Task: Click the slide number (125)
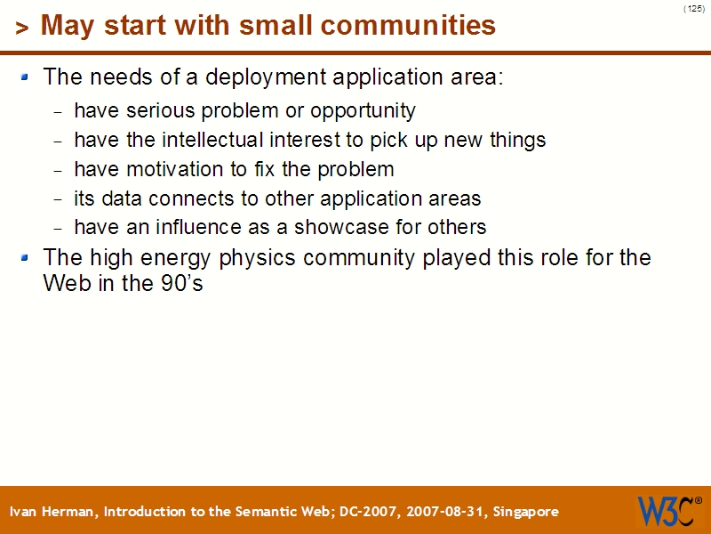pos(694,8)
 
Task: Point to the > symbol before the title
pos(22,28)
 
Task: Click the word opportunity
pos(363,111)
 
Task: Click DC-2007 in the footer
pos(366,512)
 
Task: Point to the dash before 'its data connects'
pos(59,199)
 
